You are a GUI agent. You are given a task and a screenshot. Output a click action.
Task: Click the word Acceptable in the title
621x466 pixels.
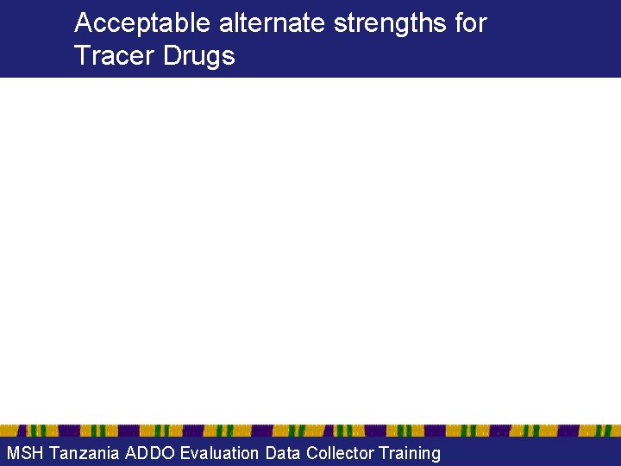[x=141, y=23]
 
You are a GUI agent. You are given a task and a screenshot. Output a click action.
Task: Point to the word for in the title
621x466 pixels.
[x=471, y=23]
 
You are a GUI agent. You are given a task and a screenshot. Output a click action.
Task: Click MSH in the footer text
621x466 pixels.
[x=24, y=453]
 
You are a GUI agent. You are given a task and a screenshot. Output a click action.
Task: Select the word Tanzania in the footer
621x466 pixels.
[x=85, y=453]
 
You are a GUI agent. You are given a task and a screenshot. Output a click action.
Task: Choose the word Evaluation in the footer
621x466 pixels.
[x=219, y=453]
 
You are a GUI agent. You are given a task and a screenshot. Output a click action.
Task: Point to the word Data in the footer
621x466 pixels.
[x=284, y=453]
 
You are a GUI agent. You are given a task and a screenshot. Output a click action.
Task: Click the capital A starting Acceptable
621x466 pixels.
[x=83, y=23]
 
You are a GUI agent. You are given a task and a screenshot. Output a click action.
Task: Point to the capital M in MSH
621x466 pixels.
[x=12, y=453]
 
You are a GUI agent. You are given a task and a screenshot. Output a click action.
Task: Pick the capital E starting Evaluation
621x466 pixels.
[x=185, y=453]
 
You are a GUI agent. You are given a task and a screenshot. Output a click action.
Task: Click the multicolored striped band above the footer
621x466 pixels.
[x=310, y=431]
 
